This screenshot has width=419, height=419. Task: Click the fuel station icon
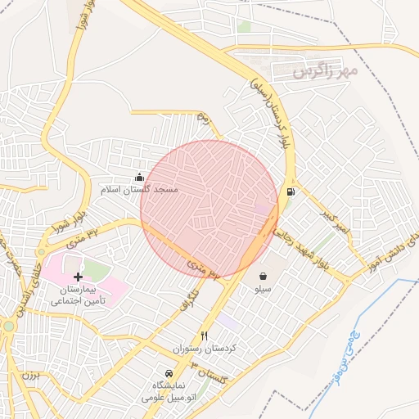point(290,192)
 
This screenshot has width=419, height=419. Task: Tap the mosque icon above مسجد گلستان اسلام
point(139,177)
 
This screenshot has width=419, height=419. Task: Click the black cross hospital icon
point(78,277)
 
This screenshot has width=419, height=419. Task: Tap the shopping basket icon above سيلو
point(264,276)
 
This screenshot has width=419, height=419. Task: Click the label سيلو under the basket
point(264,289)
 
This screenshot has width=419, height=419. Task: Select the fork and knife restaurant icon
point(205,336)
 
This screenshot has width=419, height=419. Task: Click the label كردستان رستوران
point(204,349)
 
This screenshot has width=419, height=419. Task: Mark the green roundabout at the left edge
point(7,325)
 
